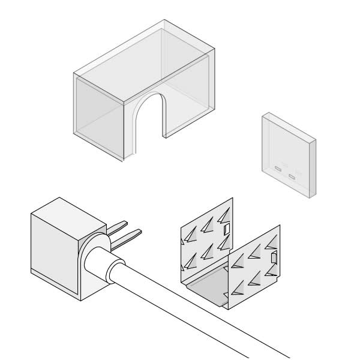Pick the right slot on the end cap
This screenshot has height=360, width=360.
[x=292, y=176]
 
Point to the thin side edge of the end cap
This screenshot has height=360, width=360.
[x=313, y=168]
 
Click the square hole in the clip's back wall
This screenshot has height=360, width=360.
[x=226, y=229]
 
